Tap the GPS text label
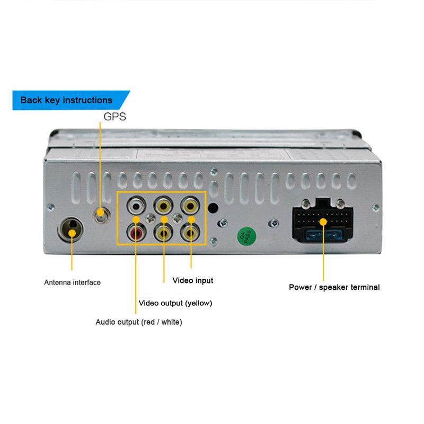(x=115, y=117)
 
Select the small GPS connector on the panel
(x=100, y=214)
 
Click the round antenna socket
(x=71, y=229)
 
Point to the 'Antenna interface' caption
(x=72, y=282)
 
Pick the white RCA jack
(x=137, y=205)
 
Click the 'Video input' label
(x=193, y=280)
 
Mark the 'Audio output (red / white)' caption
(x=138, y=322)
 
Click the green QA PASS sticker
(x=245, y=235)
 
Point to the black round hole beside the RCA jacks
(x=213, y=209)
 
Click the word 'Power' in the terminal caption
(x=300, y=287)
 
